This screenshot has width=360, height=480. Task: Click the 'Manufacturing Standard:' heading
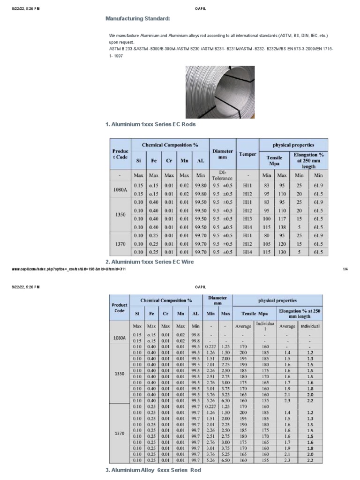pos(137,18)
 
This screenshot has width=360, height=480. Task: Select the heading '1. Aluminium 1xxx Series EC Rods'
pos(150,125)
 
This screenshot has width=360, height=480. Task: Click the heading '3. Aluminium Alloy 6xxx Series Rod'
pos(153,470)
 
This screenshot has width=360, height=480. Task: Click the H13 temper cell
pos(247,218)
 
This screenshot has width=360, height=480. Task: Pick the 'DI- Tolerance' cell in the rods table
pos(223,175)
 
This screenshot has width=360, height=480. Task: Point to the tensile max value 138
pos(282,227)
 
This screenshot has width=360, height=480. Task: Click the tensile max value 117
pos(282,218)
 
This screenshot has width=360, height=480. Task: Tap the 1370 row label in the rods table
pos(120,244)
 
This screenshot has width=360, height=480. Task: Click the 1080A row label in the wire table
pos(120,337)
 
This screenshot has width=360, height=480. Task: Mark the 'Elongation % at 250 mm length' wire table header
pos(300,313)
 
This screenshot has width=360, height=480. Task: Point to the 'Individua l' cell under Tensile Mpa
pos(265,327)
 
